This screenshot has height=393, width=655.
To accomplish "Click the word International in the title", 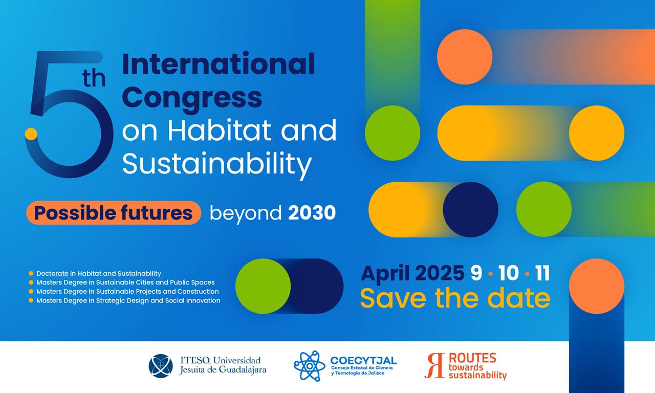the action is pos(219,64).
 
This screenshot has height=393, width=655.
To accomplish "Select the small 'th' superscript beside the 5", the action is pos(94,78).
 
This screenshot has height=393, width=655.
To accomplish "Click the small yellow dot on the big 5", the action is pos(31,134).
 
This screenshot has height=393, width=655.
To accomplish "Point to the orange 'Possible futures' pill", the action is pos(114,212).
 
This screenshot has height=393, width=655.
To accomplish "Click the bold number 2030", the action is pos(312,212).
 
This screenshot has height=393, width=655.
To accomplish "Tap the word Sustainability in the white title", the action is pos(216,164).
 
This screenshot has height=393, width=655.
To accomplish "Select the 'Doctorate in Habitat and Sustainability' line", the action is pos(99,273).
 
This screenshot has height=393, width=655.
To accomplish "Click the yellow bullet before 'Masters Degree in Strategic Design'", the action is pos(31,300).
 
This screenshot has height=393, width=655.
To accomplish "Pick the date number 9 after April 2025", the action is pos(476,273).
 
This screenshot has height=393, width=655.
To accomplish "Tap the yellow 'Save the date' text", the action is pos(455,298).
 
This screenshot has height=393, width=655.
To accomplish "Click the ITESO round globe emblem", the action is pos(161,366).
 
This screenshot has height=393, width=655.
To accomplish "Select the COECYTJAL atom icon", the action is pos(310,366).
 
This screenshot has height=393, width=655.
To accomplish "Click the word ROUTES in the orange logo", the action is pos(472,358).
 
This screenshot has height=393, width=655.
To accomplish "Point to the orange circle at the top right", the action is pos(465,57).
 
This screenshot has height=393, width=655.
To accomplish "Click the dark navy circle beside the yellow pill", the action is pos(470,209).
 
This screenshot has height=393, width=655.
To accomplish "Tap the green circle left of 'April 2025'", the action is pos(263,286).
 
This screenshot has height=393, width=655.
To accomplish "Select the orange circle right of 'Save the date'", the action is pos(597,286).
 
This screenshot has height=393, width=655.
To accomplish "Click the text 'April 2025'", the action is pos(412,274).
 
